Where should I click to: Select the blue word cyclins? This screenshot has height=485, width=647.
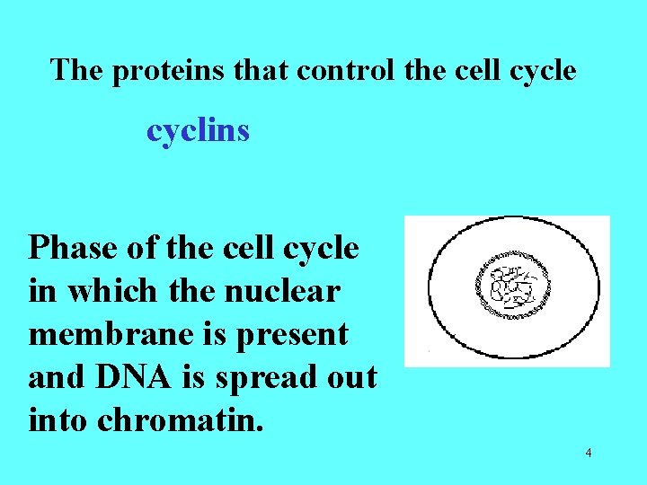coord(198,131)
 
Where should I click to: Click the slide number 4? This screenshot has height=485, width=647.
coord(588,453)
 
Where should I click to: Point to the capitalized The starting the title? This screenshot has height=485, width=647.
coord(77,70)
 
